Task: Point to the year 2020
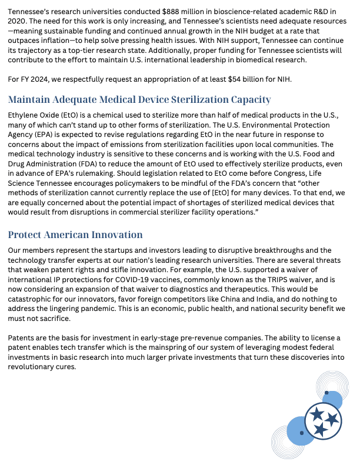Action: (x=17, y=22)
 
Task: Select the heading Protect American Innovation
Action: (x=75, y=235)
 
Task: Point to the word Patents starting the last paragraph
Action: (x=23, y=339)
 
